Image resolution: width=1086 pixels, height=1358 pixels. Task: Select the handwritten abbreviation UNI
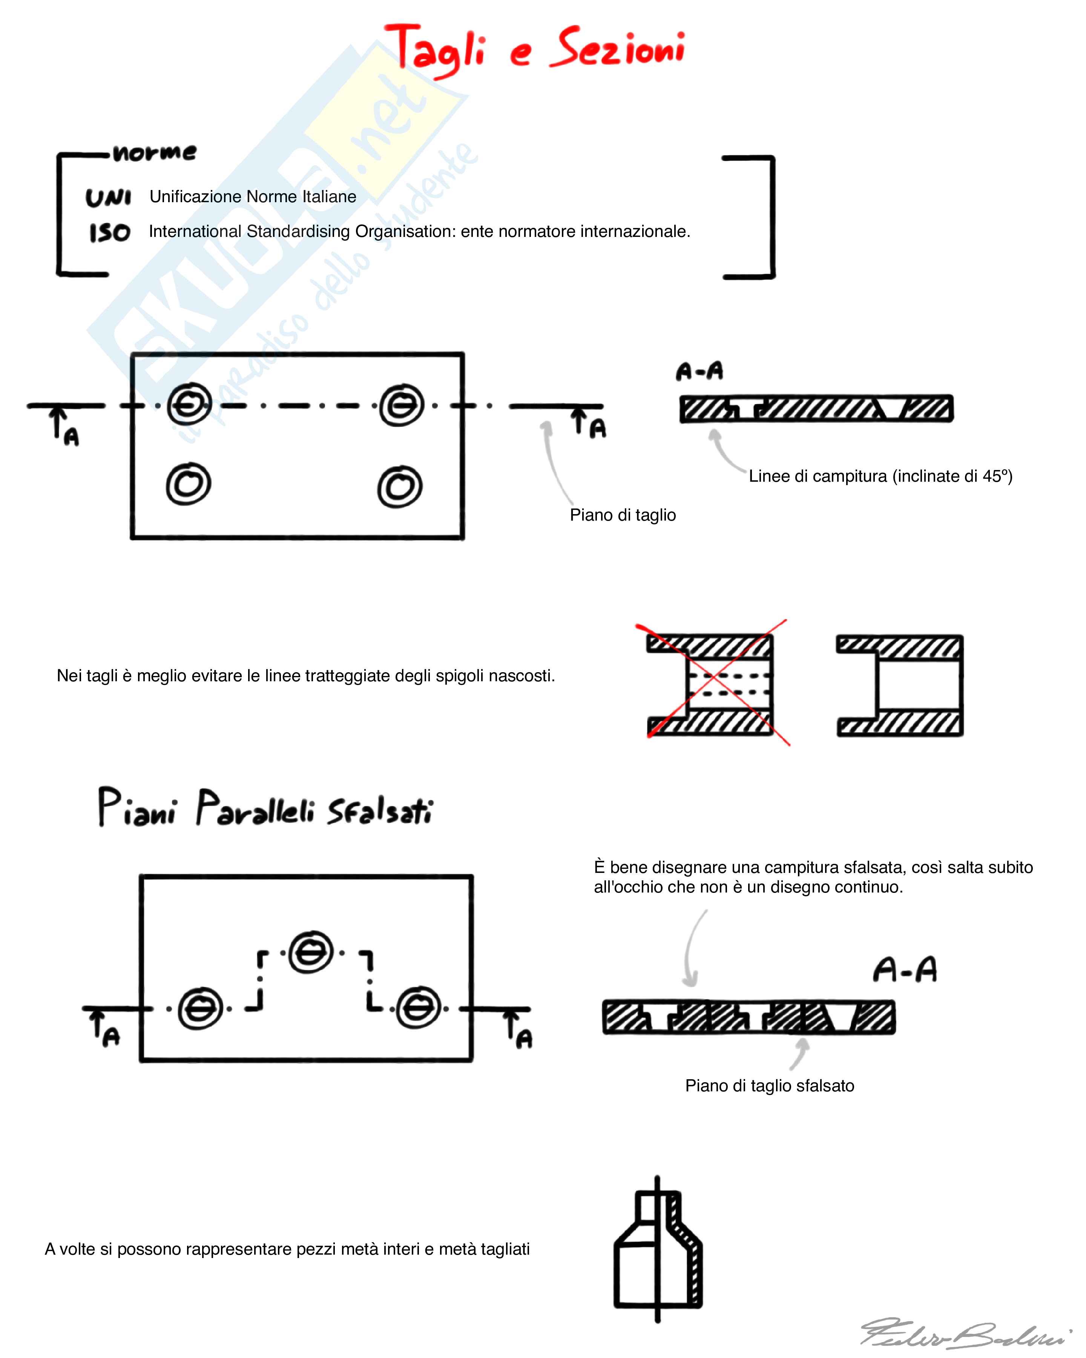[108, 198]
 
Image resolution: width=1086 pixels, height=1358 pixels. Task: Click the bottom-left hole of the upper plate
[188, 484]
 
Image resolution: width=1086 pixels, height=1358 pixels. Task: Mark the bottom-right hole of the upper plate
[400, 486]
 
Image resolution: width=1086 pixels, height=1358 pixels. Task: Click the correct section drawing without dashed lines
[900, 685]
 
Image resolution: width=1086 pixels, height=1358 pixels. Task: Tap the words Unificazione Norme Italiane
[253, 197]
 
